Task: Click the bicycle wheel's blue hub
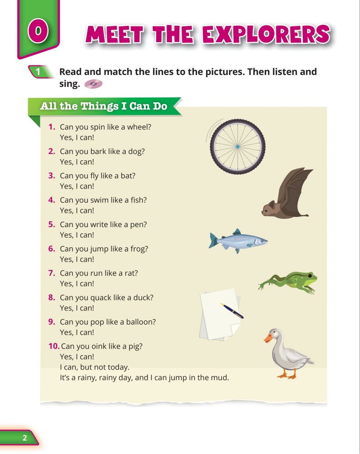(x=237, y=147)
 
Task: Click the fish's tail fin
(x=213, y=240)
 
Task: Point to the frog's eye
(x=310, y=275)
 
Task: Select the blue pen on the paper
(x=232, y=311)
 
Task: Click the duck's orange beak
(x=268, y=338)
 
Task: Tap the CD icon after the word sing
(x=93, y=84)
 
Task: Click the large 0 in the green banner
(x=38, y=31)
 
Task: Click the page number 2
(x=25, y=438)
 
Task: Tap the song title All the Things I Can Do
(x=104, y=106)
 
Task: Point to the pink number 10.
(x=54, y=346)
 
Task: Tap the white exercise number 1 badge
(x=38, y=72)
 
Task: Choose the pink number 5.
(x=52, y=224)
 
